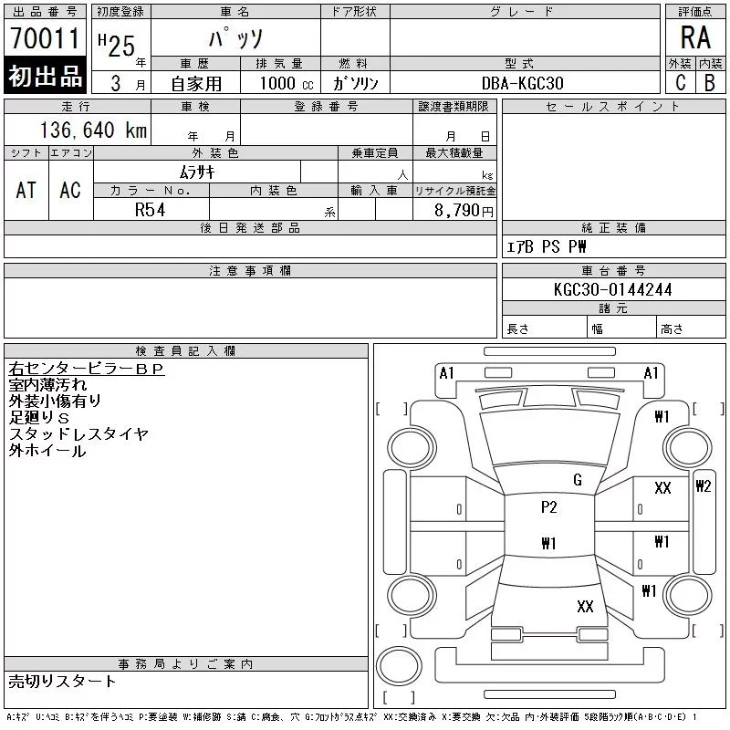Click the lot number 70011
point(45,38)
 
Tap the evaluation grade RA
point(694,37)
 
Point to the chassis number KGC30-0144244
point(613,290)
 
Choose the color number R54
point(151,209)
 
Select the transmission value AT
point(26,190)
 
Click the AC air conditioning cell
point(70,190)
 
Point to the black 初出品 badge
point(45,77)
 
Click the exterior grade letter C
point(680,82)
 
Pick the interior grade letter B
point(709,82)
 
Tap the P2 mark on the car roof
point(548,507)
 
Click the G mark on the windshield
point(577,479)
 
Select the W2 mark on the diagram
point(703,485)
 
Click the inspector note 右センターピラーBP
point(86,370)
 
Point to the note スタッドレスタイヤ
point(78,434)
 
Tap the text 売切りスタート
point(62,681)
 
